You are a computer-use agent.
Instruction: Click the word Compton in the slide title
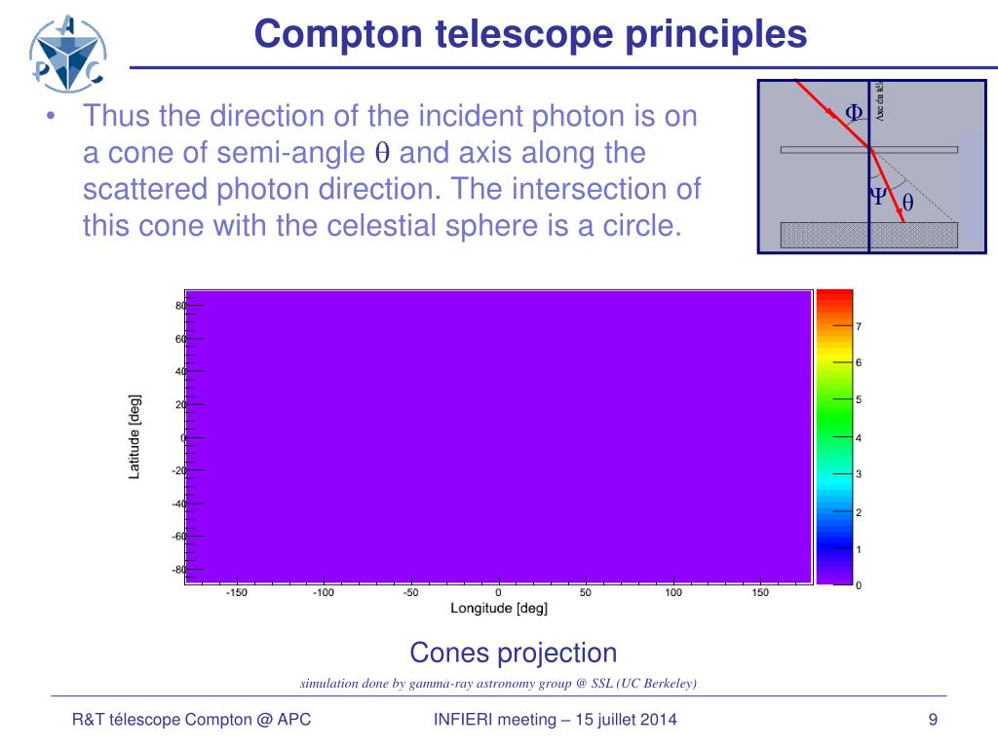click(323, 34)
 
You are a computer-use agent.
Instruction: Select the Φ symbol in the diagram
click(854, 112)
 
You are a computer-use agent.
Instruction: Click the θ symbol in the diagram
click(907, 204)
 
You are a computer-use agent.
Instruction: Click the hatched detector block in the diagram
click(869, 235)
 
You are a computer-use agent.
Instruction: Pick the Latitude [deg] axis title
click(134, 436)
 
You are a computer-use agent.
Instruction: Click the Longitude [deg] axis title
click(498, 609)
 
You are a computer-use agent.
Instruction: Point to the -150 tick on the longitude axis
click(236, 592)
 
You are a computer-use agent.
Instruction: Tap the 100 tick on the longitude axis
click(673, 592)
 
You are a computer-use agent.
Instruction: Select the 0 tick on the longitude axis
click(498, 592)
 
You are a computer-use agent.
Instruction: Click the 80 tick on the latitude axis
click(180, 305)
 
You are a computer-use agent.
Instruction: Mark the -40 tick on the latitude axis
click(178, 504)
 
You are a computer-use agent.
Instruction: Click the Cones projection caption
click(513, 653)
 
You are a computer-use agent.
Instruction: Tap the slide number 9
click(933, 720)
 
